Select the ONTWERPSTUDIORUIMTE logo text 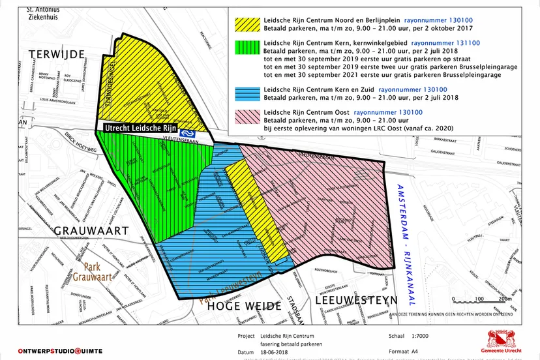point(60,351)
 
